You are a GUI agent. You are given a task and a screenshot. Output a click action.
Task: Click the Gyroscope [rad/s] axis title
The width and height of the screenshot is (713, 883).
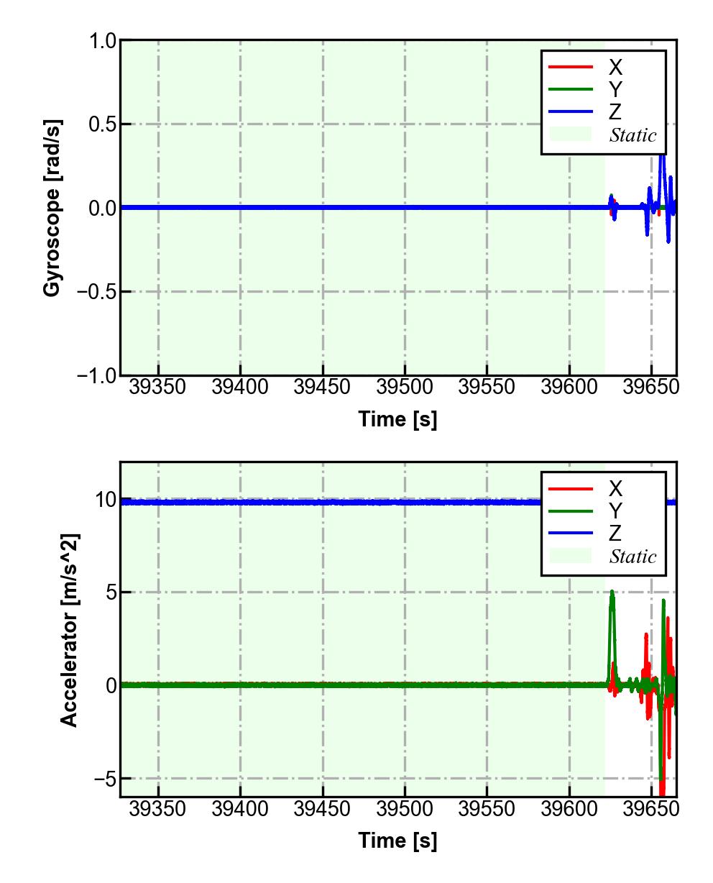click(52, 208)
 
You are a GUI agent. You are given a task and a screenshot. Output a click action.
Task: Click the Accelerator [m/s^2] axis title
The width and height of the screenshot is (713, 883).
click(70, 630)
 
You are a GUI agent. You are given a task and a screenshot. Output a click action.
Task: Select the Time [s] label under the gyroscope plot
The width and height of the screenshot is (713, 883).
click(397, 419)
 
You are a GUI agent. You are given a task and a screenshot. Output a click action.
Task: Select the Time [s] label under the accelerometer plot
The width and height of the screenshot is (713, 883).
click(397, 841)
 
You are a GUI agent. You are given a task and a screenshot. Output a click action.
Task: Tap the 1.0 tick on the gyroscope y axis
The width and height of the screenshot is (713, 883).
click(102, 41)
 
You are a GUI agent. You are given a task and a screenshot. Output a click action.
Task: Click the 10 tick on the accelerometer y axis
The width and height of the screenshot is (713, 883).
click(104, 500)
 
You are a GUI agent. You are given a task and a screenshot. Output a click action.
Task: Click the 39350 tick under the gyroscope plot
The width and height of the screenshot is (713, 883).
click(158, 388)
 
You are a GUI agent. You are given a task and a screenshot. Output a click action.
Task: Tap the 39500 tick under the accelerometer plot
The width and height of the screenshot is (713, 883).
click(405, 810)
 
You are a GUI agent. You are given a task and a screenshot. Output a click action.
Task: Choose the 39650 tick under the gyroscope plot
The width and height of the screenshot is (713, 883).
click(651, 388)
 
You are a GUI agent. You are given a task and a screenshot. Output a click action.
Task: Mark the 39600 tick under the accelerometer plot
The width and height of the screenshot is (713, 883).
click(569, 810)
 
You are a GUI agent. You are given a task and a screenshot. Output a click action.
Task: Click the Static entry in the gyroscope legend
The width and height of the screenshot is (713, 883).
click(632, 135)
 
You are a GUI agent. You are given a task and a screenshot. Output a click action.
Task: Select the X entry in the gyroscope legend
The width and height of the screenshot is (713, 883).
click(615, 68)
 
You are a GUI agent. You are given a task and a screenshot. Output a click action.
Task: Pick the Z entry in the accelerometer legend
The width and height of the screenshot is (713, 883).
click(615, 534)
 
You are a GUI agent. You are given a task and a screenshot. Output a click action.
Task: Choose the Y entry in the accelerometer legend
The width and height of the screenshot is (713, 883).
click(615, 511)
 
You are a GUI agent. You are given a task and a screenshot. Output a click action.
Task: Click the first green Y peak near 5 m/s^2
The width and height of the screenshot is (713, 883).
click(612, 593)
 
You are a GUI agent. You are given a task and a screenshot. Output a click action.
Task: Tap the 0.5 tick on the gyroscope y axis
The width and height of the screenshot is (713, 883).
click(102, 124)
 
